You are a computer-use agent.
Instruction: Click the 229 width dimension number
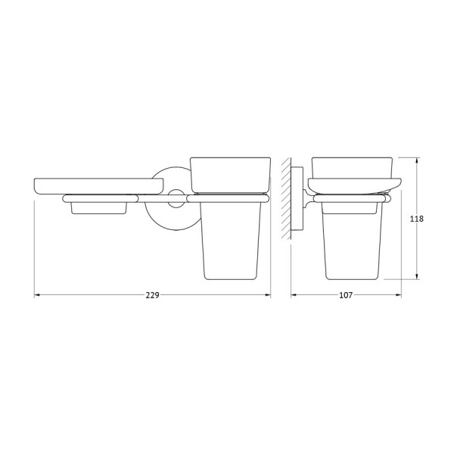click(x=152, y=295)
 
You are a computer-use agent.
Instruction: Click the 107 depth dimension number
click(x=346, y=295)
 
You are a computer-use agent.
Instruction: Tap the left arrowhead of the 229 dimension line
click(x=37, y=295)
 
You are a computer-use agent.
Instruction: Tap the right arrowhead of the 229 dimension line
click(x=268, y=295)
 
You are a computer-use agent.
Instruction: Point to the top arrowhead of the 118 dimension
click(x=417, y=160)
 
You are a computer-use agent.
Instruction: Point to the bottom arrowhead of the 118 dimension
click(x=417, y=277)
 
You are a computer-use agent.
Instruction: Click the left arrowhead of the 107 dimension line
click(x=294, y=295)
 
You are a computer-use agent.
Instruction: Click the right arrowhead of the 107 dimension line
click(x=399, y=295)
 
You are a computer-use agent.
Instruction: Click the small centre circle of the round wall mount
click(x=176, y=201)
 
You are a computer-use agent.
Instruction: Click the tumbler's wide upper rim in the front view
click(x=229, y=175)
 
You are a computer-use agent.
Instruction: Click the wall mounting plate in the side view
click(x=297, y=198)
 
